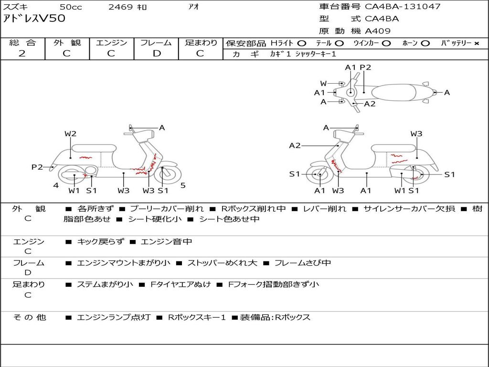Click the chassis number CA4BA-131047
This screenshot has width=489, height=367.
(x=403, y=7)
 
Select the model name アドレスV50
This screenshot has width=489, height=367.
(x=34, y=19)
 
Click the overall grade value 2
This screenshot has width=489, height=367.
(x=22, y=54)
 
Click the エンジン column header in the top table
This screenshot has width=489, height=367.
(x=111, y=43)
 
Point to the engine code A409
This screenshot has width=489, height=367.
(x=378, y=31)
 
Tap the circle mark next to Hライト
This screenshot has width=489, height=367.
(x=302, y=43)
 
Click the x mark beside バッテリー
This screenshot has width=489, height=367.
(x=476, y=43)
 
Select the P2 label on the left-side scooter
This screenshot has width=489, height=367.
(x=37, y=167)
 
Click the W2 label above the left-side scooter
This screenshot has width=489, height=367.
(x=70, y=134)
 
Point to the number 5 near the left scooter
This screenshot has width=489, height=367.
(x=183, y=185)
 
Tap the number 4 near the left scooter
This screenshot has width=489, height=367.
(x=56, y=185)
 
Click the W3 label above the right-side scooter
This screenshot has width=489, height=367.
(x=416, y=134)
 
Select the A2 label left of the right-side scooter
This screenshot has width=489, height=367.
(x=295, y=145)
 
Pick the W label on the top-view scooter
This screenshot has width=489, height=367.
(x=323, y=84)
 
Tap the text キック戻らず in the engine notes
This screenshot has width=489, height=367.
(x=100, y=242)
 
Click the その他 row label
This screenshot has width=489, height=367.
(x=29, y=317)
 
